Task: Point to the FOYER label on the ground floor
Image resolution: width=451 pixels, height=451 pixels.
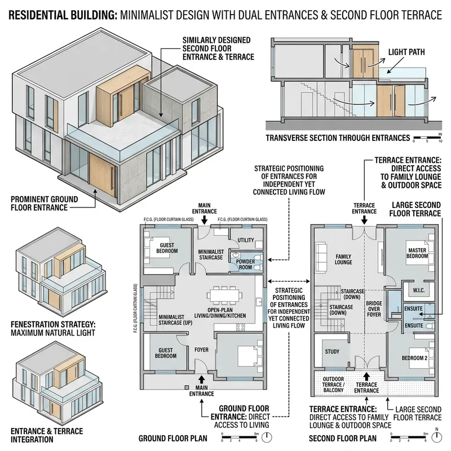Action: click(201, 350)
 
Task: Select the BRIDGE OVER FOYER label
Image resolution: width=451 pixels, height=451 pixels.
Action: click(370, 308)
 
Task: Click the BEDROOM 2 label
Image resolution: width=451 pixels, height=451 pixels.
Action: click(413, 359)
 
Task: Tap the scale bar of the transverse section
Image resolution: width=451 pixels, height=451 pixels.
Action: click(427, 137)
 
